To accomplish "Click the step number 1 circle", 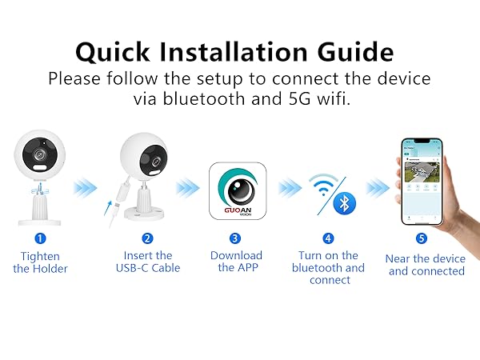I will coord(40,238).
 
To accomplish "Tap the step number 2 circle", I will coord(147,238).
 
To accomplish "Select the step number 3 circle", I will coord(234,238).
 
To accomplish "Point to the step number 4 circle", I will coord(328,238).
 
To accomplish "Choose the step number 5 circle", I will coord(422,238).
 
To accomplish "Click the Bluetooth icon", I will coord(345,203).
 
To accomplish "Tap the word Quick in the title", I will coord(121,53).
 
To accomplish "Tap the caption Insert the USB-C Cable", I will coord(147,262).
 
